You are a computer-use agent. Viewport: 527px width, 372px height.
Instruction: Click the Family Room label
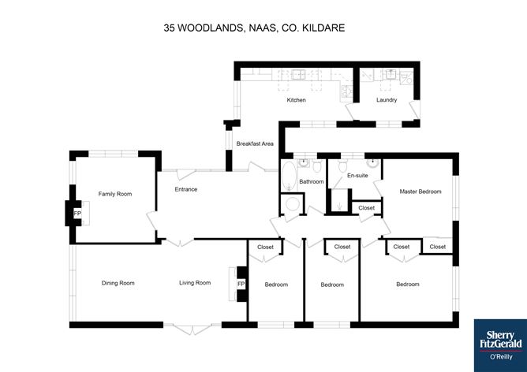tap(114, 193)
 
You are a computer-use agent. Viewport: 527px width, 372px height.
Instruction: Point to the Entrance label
tap(186, 189)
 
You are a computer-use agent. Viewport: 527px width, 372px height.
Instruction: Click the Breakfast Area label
tap(255, 143)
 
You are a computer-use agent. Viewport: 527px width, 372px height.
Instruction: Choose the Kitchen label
tap(296, 100)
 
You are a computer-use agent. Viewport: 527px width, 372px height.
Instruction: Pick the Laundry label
tap(387, 100)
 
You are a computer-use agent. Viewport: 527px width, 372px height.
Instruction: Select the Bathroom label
tap(312, 182)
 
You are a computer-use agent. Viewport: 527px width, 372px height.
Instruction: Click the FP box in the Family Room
tap(77, 214)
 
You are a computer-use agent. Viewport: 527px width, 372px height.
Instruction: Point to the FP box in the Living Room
tap(241, 284)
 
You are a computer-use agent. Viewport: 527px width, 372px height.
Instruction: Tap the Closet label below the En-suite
tap(367, 208)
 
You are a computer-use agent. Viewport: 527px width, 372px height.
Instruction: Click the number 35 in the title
tap(169, 27)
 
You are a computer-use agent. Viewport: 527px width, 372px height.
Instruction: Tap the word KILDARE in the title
tap(325, 27)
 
